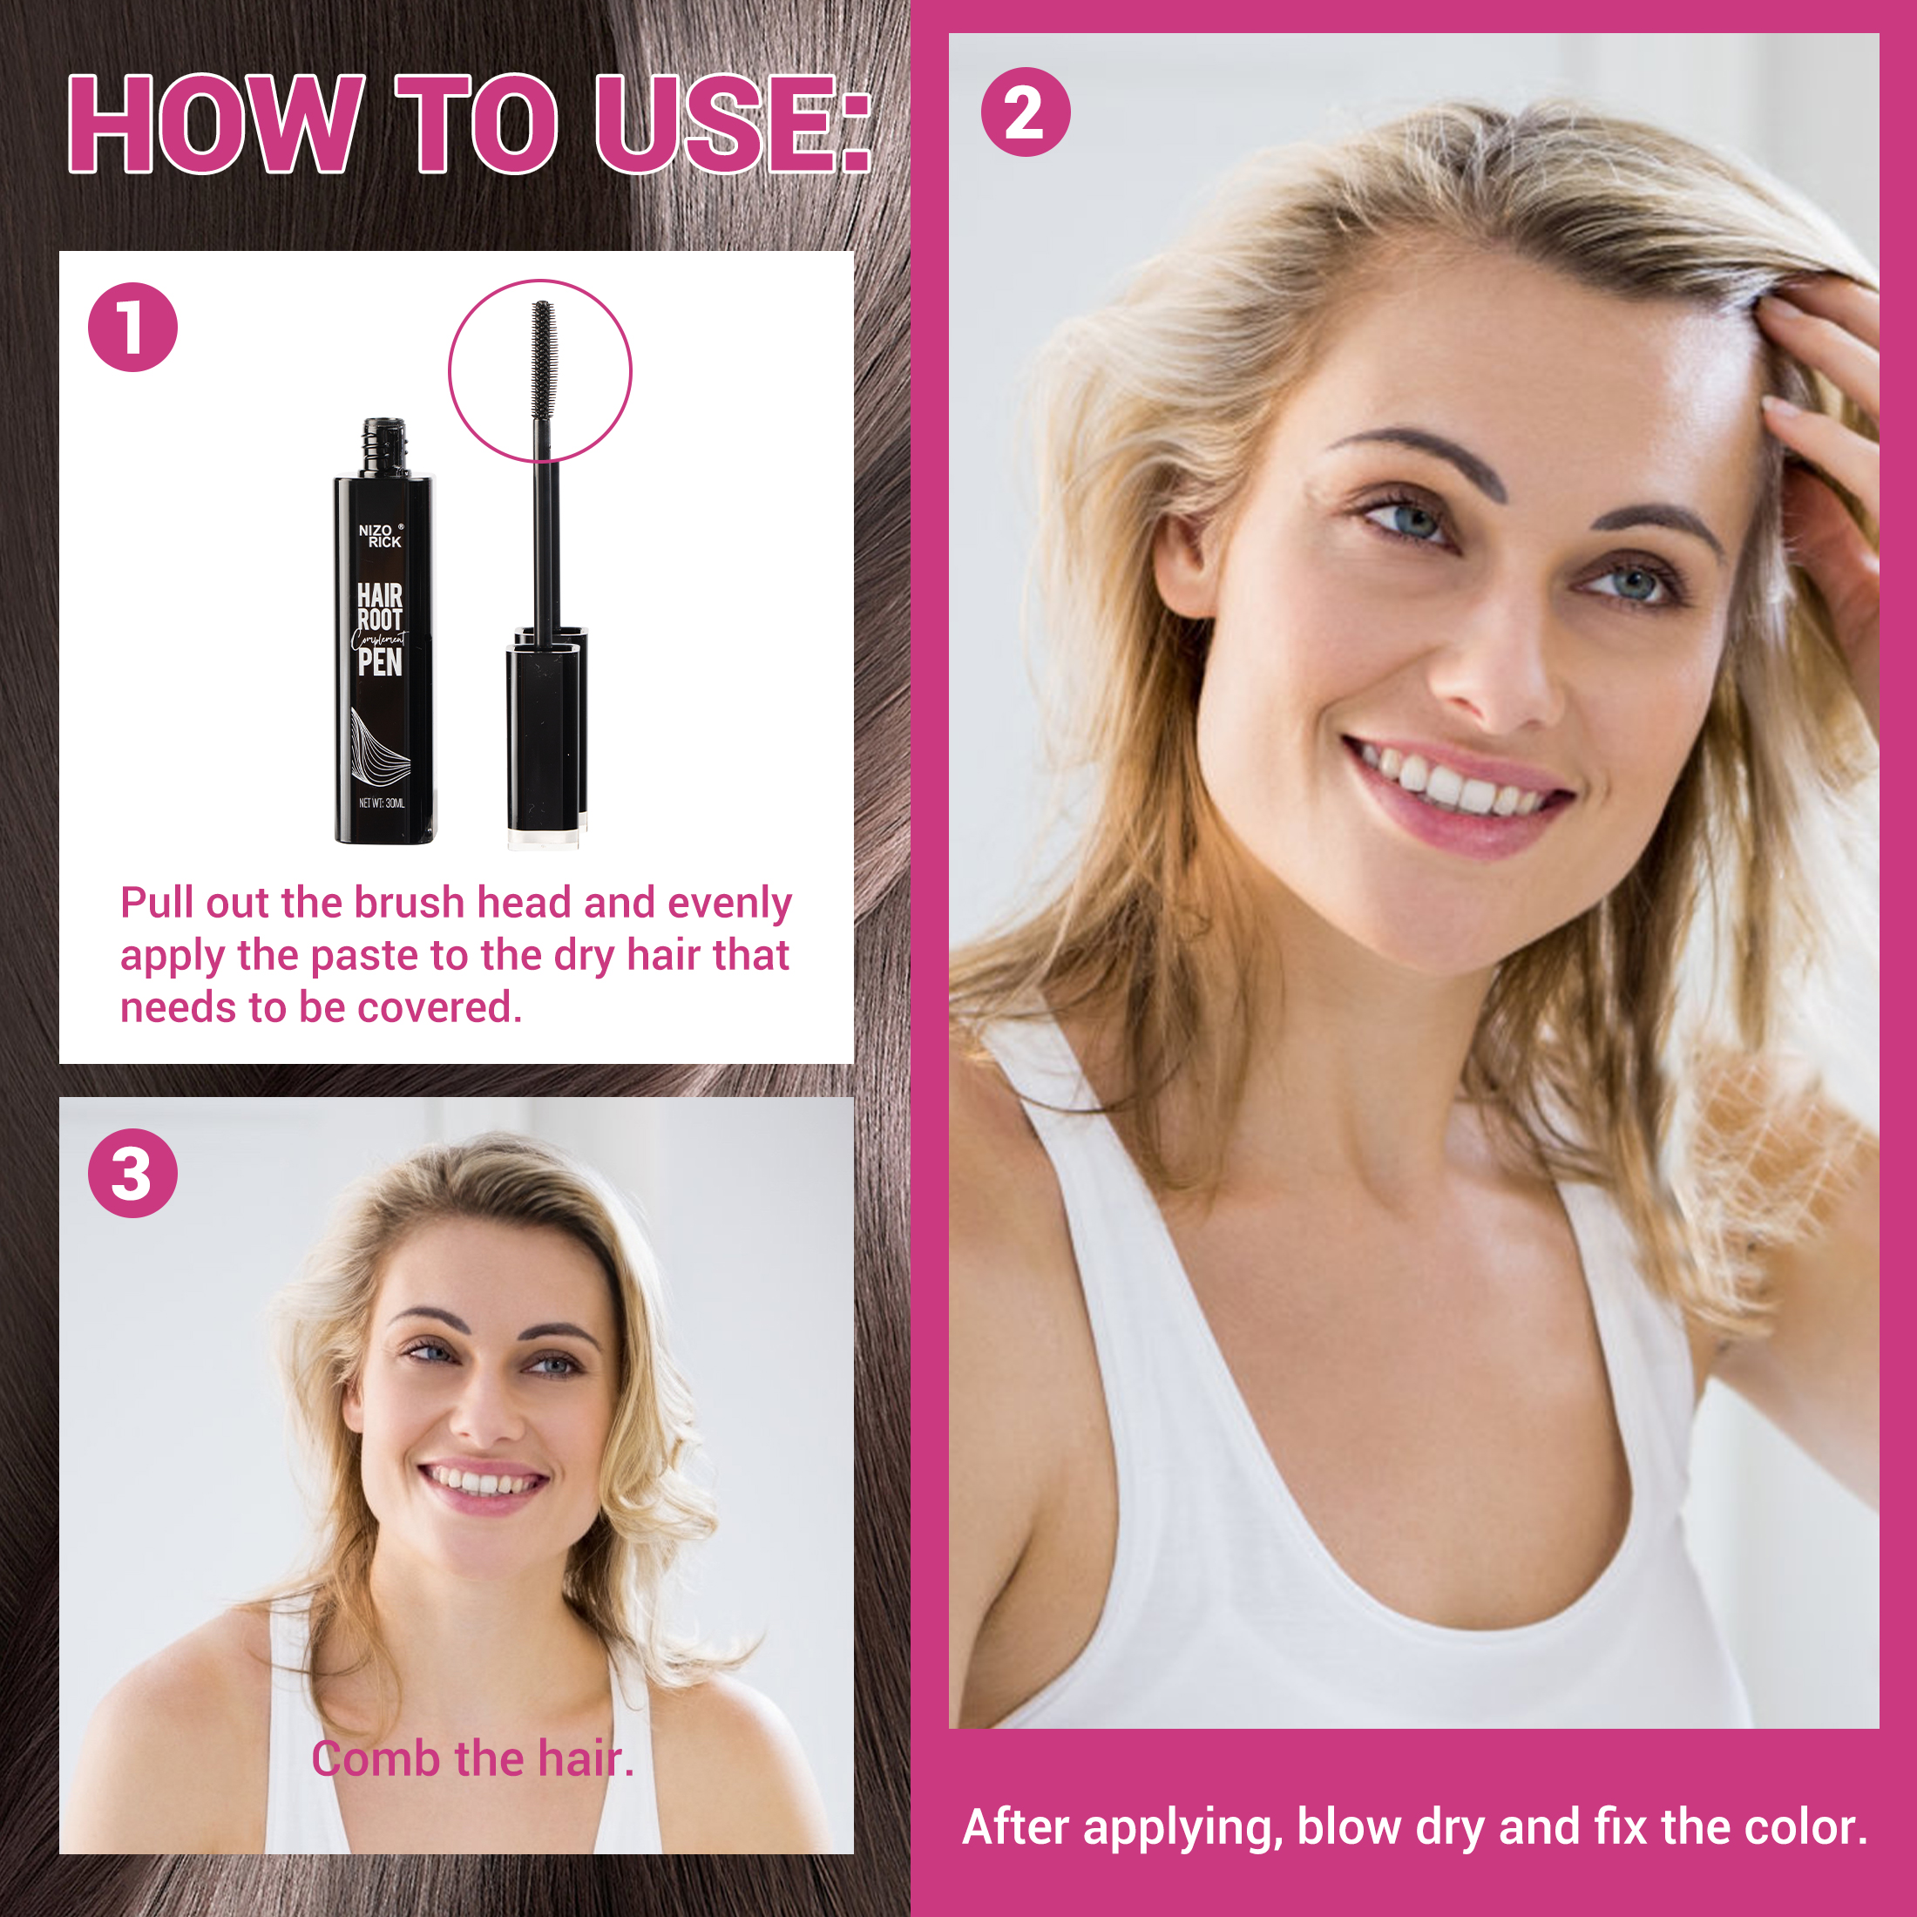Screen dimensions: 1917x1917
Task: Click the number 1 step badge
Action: point(133,328)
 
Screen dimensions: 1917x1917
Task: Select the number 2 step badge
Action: point(1025,112)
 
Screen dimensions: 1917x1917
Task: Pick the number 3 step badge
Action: point(133,1173)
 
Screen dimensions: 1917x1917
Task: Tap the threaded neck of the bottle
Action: point(384,448)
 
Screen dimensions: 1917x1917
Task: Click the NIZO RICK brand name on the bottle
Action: point(381,536)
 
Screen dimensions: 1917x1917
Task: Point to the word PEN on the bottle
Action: point(380,663)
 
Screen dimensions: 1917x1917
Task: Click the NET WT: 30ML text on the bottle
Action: point(381,803)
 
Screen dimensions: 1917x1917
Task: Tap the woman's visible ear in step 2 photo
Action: point(1182,566)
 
